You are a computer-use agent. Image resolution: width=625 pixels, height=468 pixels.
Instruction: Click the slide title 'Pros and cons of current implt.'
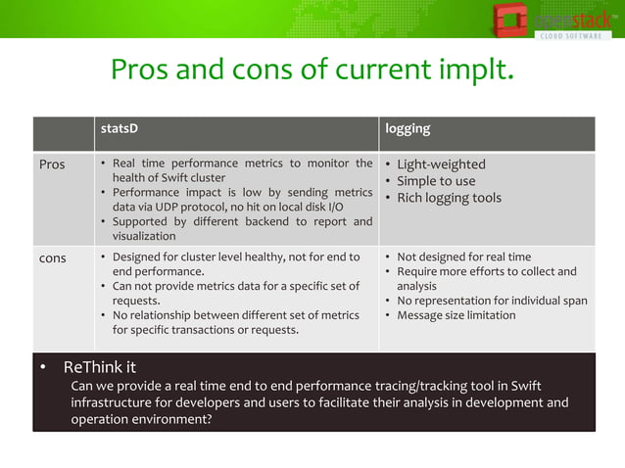click(312, 70)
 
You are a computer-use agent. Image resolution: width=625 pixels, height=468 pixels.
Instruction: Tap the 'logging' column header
click(407, 129)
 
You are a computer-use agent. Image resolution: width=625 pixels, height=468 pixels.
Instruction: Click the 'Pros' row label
click(52, 164)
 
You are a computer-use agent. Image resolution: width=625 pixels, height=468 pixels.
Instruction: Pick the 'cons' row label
click(53, 258)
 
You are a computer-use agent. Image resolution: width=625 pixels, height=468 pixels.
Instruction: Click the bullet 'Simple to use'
click(436, 181)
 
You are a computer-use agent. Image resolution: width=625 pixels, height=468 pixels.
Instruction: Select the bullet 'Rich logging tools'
click(449, 198)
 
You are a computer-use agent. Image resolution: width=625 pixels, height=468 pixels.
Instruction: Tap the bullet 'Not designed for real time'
click(463, 257)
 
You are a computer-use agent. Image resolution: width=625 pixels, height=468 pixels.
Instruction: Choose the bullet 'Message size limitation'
click(456, 315)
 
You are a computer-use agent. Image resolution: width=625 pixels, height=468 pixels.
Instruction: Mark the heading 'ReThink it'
click(99, 367)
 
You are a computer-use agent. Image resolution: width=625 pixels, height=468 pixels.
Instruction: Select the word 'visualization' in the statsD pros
click(144, 236)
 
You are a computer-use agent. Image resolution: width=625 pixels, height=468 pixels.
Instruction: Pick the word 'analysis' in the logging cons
click(416, 287)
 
